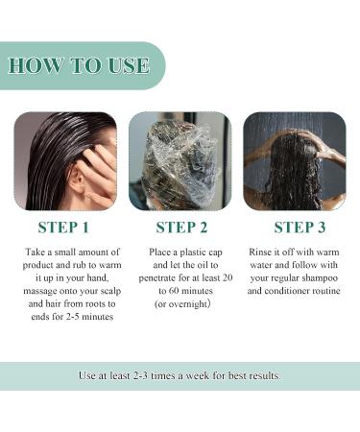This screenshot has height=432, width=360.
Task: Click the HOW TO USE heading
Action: coord(79,65)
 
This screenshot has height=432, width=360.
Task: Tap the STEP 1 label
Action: coord(63,228)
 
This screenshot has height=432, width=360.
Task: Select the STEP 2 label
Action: coord(180,228)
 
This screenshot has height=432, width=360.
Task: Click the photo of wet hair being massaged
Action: coord(64,160)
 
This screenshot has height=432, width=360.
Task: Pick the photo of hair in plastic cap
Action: coord(180,160)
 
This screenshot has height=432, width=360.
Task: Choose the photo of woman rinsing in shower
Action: coord(295,160)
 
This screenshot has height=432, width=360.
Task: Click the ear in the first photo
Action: coord(80,176)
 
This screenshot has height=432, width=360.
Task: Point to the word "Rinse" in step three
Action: coord(264,251)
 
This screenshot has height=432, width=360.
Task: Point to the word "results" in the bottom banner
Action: coord(261,375)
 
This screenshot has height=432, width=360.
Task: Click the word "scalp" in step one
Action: coord(96,291)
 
